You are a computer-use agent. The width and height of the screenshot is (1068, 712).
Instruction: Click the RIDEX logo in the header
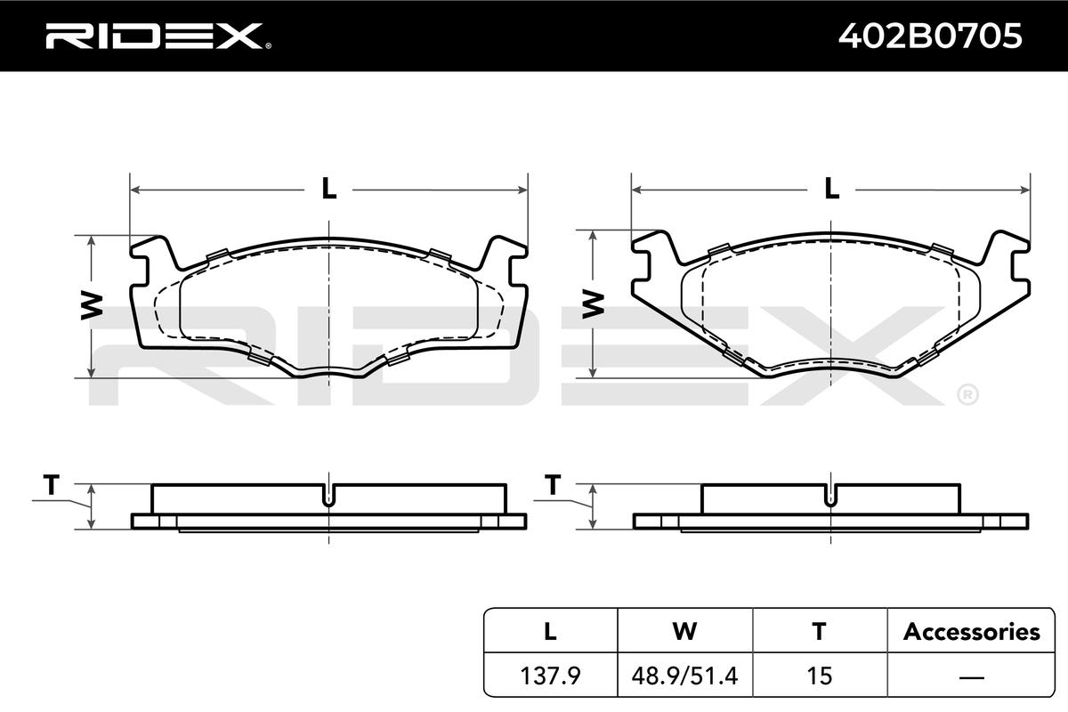coord(158,36)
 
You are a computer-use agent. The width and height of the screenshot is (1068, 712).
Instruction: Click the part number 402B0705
coord(930,36)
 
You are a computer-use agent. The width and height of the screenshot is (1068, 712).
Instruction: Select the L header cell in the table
coord(550,631)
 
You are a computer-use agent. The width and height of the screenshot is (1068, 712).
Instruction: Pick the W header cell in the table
coord(684,631)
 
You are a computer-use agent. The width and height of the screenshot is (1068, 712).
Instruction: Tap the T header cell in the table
coord(819,631)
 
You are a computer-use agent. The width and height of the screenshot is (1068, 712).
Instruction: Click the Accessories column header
coord(971,631)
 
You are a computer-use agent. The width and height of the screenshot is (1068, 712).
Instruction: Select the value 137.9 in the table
coord(550,676)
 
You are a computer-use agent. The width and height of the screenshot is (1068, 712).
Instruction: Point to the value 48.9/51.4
coord(684,676)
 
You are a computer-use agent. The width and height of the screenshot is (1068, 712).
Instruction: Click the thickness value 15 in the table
coord(819,676)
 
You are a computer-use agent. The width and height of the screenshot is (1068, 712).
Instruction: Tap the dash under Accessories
coord(971,676)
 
